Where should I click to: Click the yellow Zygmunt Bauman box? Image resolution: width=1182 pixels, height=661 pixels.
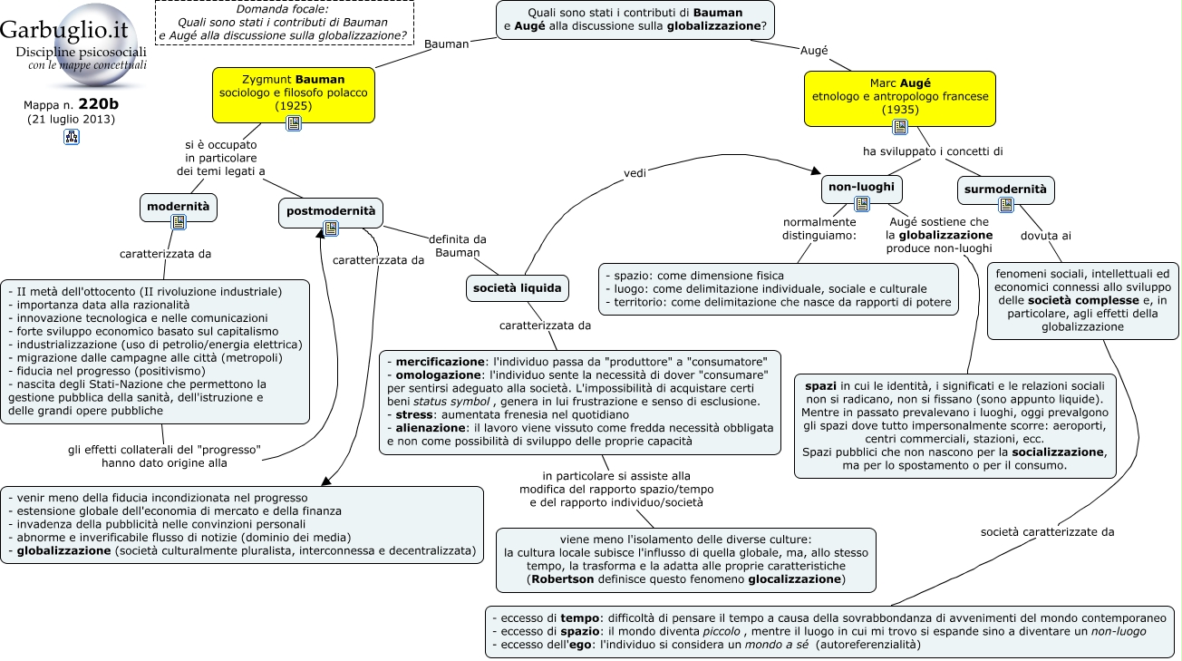(294, 95)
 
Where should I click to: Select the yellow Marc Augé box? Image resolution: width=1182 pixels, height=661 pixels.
(900, 99)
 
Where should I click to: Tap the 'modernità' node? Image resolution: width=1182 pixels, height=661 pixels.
(179, 208)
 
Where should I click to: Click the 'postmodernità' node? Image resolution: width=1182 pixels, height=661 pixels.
(331, 213)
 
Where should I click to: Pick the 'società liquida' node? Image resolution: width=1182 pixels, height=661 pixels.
(517, 288)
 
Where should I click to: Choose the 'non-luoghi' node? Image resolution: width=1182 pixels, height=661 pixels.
(862, 189)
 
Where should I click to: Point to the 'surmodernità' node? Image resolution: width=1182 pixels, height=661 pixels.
(1006, 190)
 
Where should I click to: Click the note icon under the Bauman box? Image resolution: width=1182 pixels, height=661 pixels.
(294, 123)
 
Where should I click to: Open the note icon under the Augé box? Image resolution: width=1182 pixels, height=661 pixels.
(900, 127)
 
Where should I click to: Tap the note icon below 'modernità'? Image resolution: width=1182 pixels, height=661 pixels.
(179, 222)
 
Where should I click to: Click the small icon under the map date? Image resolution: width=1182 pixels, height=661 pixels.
(72, 137)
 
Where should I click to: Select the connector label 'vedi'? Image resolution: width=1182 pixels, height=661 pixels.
(635, 173)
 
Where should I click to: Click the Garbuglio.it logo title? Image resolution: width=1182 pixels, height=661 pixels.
(63, 29)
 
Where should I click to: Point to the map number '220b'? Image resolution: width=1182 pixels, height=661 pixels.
(99, 104)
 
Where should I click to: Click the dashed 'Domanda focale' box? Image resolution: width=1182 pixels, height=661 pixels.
(285, 23)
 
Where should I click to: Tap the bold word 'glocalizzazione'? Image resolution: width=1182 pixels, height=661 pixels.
(794, 579)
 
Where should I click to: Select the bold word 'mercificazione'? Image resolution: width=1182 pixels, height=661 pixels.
(441, 362)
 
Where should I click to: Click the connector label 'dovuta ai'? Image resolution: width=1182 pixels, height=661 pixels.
(1046, 236)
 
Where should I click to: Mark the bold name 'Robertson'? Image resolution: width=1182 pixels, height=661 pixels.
(563, 579)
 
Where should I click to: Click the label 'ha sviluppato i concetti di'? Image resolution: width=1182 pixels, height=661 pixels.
(933, 151)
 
